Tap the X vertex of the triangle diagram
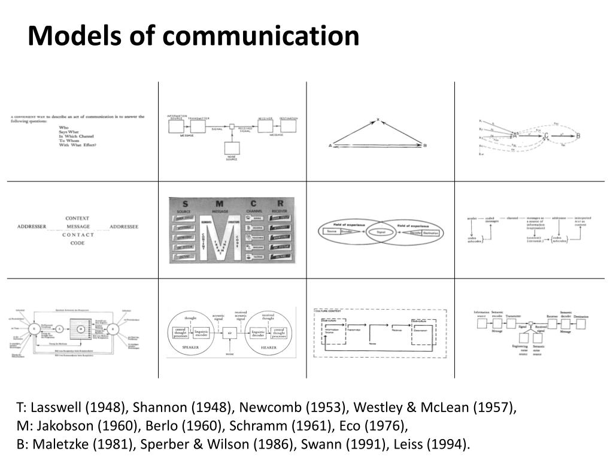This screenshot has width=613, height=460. (x=378, y=120)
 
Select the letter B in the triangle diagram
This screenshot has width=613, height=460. (x=424, y=146)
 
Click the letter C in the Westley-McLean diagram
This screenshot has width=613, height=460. (x=546, y=136)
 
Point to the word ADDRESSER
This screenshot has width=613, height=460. (x=33, y=227)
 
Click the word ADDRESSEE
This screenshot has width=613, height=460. (x=124, y=227)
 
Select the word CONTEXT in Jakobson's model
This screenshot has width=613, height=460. (x=78, y=218)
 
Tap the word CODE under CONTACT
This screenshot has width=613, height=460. (x=78, y=243)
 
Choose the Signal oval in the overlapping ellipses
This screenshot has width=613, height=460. (x=380, y=231)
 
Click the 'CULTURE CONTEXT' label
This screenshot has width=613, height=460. (x=327, y=311)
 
